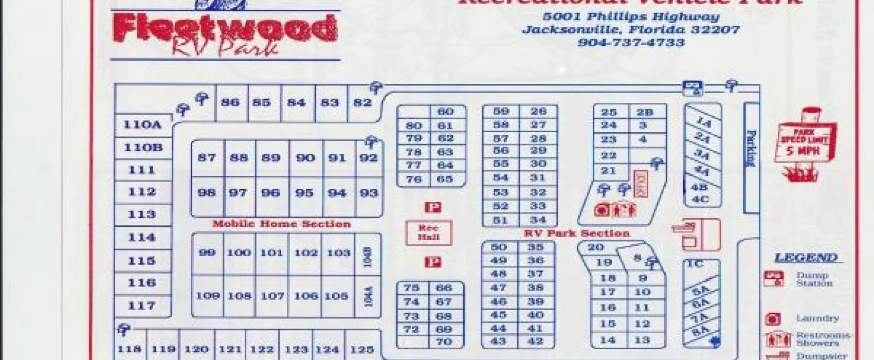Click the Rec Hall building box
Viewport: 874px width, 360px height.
428,232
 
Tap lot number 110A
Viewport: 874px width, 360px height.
142,125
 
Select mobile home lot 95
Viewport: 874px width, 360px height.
304,193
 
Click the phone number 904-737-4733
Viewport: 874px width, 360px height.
631,43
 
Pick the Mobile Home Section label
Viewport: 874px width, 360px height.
281,224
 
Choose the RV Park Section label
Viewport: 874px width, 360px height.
576,233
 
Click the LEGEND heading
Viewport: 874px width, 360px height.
806,258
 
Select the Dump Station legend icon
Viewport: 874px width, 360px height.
773,278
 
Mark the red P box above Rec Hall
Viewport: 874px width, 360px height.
433,207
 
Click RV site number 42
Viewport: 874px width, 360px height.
535,341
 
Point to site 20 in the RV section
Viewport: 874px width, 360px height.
595,247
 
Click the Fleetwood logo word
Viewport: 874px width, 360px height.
225,28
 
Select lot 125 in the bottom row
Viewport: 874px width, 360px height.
362,350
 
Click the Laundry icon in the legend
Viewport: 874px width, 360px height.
773,319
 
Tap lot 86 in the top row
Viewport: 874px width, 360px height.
230,102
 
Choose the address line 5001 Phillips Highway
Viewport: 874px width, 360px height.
631,16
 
